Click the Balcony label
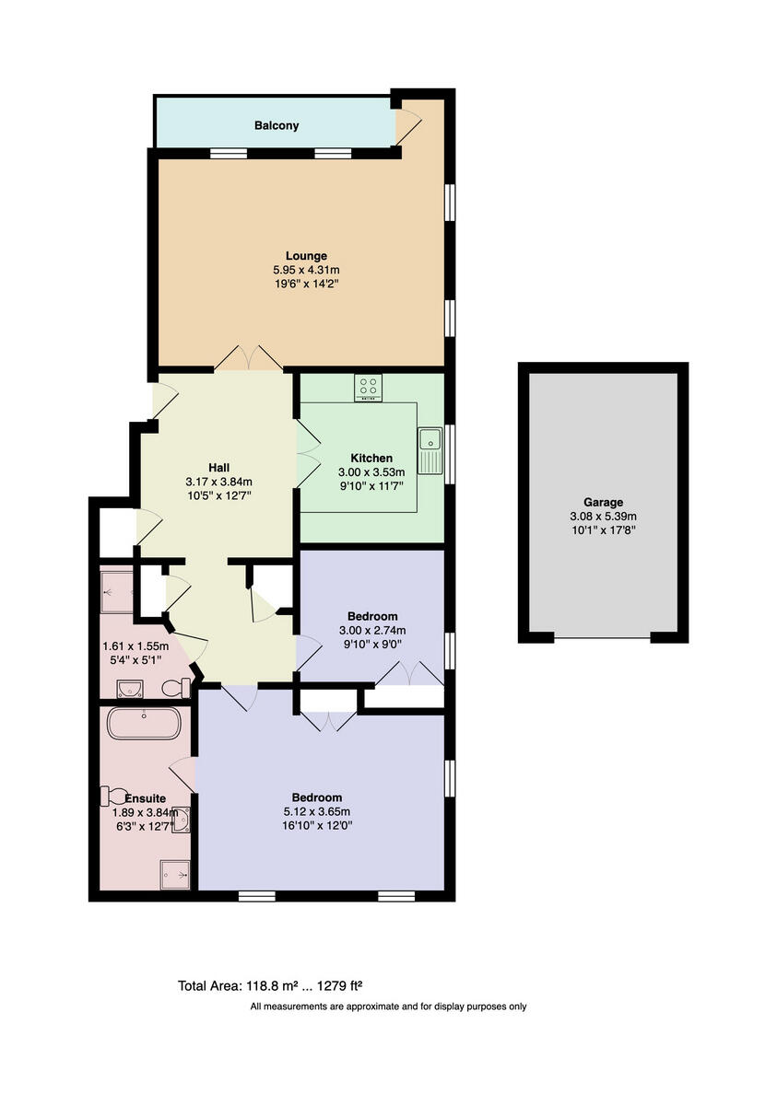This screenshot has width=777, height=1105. coord(277,125)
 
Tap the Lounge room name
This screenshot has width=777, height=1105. coord(306,256)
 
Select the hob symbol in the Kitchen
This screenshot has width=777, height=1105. coord(369,388)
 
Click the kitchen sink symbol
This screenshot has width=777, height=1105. coord(430,450)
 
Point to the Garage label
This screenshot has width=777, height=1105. coord(603,503)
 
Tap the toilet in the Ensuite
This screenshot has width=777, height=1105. coord(118,794)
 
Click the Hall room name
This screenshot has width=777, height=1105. coord(218,467)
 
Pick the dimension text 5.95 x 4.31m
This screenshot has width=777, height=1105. coord(306,270)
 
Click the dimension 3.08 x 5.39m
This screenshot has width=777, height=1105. coord(603,517)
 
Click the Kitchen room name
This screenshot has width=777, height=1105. coord(371,458)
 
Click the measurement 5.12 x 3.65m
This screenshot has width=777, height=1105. coord(317,811)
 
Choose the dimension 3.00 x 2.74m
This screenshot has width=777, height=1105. coord(372,630)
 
